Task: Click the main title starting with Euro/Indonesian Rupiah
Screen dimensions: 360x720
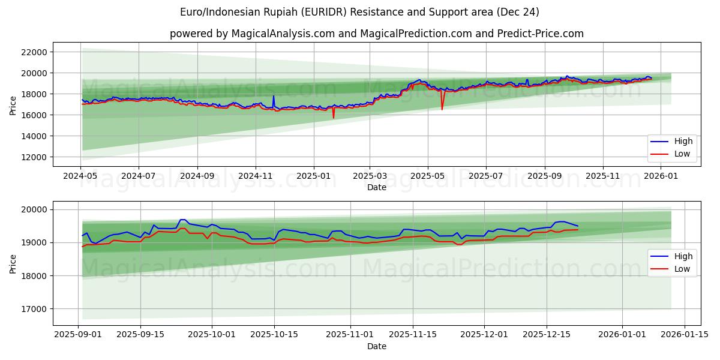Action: tap(359, 12)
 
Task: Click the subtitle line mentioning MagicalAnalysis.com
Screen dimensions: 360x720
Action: tap(376, 34)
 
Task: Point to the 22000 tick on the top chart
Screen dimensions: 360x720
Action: tap(34, 52)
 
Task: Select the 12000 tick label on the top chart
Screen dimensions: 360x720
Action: tap(34, 157)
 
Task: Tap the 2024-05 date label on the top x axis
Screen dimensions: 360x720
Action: tap(80, 177)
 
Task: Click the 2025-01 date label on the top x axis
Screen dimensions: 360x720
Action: tap(314, 177)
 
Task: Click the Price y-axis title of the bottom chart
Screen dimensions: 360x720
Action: tap(13, 263)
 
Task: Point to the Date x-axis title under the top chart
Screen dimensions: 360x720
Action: tap(376, 188)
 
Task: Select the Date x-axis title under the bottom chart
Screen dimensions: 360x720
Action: tap(376, 346)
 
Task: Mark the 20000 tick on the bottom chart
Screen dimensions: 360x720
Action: tap(34, 209)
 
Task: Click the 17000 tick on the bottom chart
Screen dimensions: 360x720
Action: tap(34, 309)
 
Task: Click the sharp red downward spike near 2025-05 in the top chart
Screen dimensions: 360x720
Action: tap(442, 109)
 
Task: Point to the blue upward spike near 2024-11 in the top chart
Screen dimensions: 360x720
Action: tap(274, 96)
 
